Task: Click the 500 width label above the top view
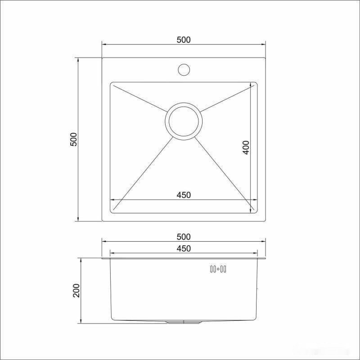tap(184, 40)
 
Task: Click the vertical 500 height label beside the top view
tap(75, 139)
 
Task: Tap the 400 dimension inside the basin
tap(246, 147)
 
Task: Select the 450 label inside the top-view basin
tap(184, 195)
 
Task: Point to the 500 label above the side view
tap(184, 237)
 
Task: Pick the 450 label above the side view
tap(184, 248)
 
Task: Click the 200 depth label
tap(76, 290)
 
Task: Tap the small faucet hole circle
tap(184, 70)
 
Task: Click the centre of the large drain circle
tap(184, 121)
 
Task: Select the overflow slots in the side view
tap(218, 270)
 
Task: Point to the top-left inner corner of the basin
tap(112, 83)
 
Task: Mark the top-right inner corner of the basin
tap(256, 83)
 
